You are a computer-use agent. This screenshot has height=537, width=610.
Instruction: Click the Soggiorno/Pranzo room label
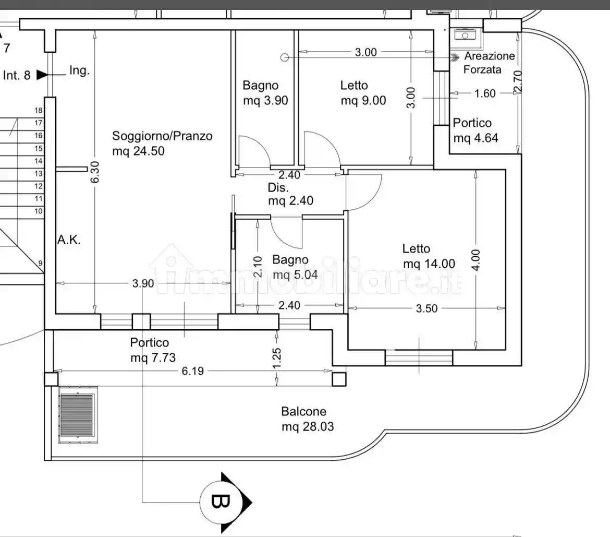click(162, 144)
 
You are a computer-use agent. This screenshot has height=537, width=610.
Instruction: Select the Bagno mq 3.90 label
click(265, 93)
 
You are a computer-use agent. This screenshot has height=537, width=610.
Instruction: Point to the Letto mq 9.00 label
click(363, 93)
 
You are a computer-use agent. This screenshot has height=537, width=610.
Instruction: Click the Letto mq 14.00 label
click(429, 256)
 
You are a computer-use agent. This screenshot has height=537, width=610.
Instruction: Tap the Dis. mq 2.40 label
click(290, 194)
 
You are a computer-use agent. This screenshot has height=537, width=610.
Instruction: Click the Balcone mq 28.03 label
click(308, 419)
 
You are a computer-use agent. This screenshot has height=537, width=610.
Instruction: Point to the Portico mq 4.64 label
click(475, 130)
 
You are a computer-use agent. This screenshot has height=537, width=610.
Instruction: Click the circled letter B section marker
click(219, 502)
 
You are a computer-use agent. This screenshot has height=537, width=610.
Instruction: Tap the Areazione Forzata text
click(490, 63)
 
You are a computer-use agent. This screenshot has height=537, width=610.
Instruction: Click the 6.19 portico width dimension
click(192, 371)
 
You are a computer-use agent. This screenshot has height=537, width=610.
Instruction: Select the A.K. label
click(69, 241)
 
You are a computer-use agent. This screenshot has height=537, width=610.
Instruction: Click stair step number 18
click(38, 110)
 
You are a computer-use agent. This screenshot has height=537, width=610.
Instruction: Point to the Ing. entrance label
click(79, 71)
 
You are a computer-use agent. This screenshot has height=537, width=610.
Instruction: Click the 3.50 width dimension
click(426, 308)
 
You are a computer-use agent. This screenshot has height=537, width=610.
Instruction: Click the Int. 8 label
click(17, 75)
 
